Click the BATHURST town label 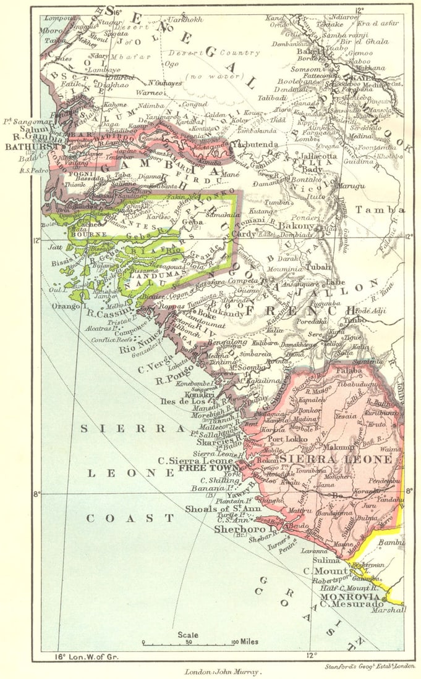22,148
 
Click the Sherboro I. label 239,529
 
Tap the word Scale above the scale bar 188,635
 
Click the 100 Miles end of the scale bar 240,643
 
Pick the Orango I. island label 61,305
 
